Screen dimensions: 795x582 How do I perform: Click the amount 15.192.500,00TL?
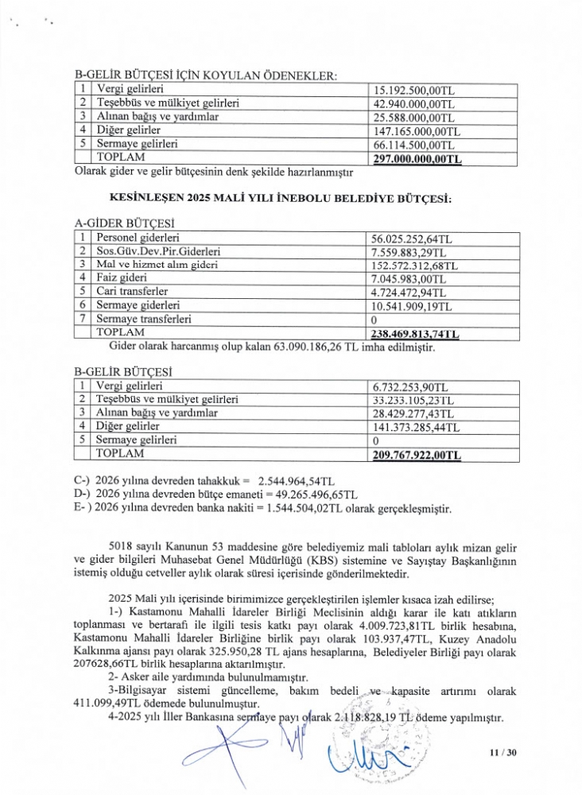click(x=412, y=90)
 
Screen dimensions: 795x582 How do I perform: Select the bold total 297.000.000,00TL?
click(x=417, y=159)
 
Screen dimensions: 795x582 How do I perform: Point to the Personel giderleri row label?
click(x=138, y=238)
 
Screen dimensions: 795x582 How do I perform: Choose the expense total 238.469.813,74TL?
click(x=417, y=334)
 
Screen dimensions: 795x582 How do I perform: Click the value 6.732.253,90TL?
click(x=410, y=386)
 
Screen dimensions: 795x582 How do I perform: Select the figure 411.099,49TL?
click(x=116, y=704)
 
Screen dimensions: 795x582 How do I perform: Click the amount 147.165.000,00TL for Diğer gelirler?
click(x=417, y=131)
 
